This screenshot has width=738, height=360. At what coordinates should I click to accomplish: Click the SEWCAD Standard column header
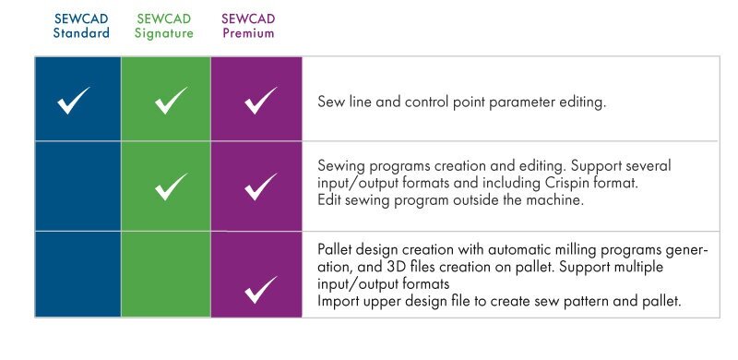click(81, 26)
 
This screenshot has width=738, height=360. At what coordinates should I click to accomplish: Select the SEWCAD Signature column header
click(164, 26)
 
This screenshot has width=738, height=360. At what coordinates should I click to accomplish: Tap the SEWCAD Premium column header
click(248, 26)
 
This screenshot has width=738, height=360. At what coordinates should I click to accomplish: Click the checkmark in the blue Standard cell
click(74, 101)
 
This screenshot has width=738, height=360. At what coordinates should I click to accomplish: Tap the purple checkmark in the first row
click(261, 101)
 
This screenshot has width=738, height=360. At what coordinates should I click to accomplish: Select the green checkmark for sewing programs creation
click(171, 186)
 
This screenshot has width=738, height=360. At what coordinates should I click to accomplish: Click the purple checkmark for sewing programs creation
click(261, 186)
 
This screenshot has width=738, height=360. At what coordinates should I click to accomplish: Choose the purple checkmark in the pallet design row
click(261, 289)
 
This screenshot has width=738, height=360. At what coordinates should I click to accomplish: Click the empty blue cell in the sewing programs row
click(78, 186)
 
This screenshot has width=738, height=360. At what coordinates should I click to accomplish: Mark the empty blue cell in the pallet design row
click(78, 274)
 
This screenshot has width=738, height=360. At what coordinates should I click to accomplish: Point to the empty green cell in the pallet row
click(166, 274)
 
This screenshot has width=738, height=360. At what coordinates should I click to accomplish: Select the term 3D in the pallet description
click(395, 267)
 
